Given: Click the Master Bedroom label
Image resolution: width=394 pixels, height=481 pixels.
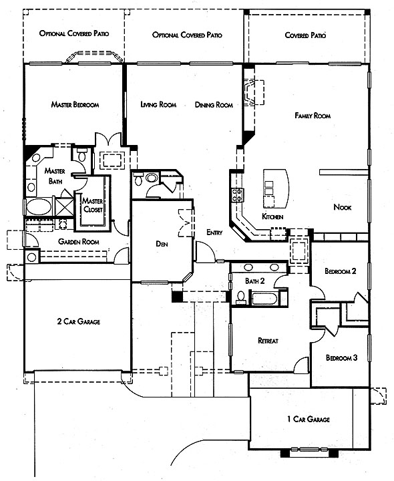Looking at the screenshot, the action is (x=75, y=105).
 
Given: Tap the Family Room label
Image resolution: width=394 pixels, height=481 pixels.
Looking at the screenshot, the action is (x=313, y=116).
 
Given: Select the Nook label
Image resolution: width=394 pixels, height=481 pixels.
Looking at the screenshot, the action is (x=343, y=207).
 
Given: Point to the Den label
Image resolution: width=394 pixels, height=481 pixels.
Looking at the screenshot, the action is (x=162, y=244).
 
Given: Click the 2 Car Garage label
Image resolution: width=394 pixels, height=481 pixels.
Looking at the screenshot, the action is (x=79, y=321).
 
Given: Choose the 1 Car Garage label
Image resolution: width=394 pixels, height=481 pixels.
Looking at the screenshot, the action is (x=309, y=419).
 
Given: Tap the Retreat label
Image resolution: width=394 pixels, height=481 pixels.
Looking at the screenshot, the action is (x=268, y=341).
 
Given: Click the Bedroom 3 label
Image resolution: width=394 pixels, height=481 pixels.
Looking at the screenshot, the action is (x=341, y=357).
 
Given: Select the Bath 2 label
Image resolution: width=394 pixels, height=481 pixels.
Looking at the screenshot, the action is (x=255, y=281).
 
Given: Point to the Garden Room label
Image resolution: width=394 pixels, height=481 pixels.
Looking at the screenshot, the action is (x=79, y=242).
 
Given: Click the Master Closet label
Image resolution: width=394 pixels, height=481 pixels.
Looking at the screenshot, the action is (x=93, y=205).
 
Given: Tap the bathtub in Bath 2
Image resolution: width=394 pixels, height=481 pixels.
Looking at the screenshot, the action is (x=264, y=298).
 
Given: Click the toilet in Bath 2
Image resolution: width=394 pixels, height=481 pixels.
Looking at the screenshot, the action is (x=241, y=297).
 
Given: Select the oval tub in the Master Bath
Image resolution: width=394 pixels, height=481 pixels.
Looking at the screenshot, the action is (x=39, y=207).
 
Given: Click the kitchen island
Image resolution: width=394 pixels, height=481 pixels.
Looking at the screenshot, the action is (x=276, y=188).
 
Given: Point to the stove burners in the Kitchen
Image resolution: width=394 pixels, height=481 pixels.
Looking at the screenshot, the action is (x=237, y=195).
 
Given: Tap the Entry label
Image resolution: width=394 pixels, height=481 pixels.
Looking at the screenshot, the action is (x=214, y=232).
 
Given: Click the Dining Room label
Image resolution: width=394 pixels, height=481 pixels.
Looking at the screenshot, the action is (x=214, y=105).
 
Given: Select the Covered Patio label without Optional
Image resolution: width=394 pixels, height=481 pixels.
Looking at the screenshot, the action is (x=305, y=35).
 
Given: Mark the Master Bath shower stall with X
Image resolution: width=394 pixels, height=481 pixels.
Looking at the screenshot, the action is (x=64, y=208).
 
